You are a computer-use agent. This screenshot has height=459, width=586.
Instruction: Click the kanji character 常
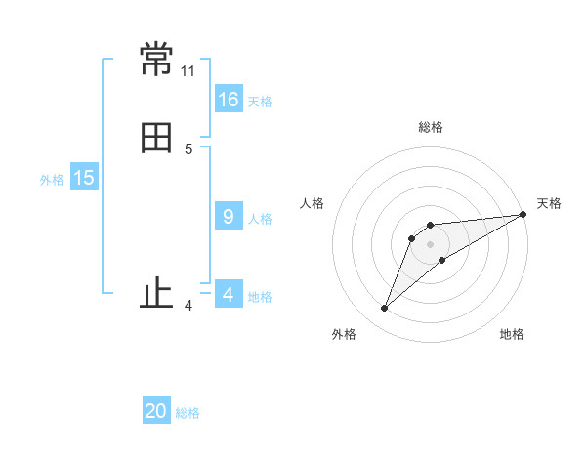click(156, 61)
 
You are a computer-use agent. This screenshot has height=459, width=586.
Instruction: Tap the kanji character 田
click(156, 138)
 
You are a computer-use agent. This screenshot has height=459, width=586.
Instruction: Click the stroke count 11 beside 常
click(188, 71)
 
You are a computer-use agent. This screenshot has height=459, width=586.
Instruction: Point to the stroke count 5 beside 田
click(188, 148)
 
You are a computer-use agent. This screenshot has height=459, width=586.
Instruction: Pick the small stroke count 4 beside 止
click(188, 306)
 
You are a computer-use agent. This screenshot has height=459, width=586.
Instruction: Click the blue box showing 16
click(229, 99)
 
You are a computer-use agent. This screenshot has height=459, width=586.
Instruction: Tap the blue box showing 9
click(229, 217)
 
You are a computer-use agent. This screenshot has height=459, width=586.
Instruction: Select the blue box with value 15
click(84, 178)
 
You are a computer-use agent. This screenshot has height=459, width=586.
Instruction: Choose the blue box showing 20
click(156, 411)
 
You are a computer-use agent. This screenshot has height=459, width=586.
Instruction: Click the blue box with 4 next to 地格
click(229, 295)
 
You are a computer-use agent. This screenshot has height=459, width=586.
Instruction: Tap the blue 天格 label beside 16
click(260, 101)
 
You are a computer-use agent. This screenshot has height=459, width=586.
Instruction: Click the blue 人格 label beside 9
click(260, 219)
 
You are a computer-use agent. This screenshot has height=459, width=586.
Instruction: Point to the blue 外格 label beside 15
click(52, 180)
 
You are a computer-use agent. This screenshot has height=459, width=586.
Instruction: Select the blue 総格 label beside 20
click(188, 413)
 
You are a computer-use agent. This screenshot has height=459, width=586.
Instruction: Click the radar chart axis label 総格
click(431, 127)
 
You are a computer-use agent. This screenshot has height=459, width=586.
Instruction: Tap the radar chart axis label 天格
click(549, 203)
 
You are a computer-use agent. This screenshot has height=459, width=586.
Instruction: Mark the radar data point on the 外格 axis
click(385, 309)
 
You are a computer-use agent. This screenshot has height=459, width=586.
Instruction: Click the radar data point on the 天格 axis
click(523, 215)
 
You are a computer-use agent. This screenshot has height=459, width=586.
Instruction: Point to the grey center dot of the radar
click(431, 244)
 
